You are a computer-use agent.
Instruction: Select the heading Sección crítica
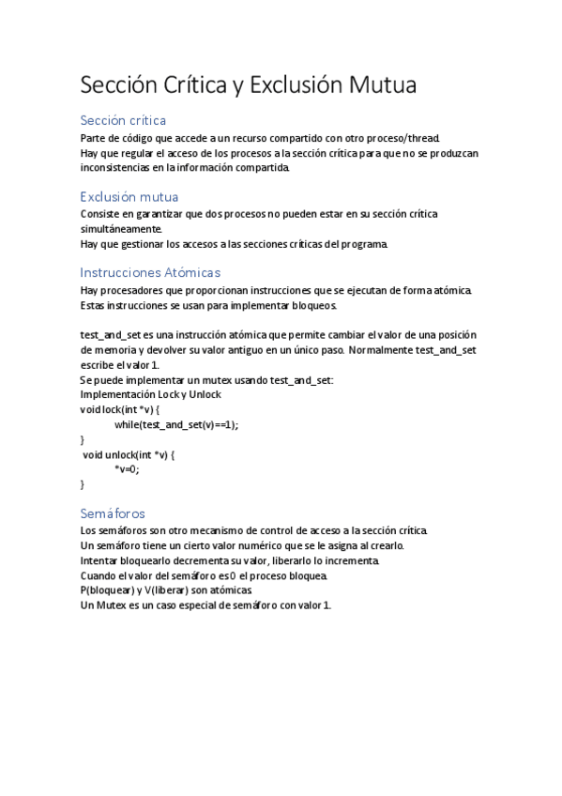coord(124,120)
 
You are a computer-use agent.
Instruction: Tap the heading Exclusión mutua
coord(129,196)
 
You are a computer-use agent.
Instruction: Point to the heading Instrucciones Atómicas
coord(151,272)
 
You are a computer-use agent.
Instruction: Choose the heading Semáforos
coord(113,513)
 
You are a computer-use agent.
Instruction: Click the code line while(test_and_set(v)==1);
coord(176,424)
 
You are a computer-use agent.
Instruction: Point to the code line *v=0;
coord(127,469)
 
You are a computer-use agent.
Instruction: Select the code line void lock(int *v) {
coord(121,409)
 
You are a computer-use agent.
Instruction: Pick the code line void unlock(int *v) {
coord(129,454)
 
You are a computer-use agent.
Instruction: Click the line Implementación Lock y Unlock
coord(151,394)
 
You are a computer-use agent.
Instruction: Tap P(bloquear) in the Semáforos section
coord(109,590)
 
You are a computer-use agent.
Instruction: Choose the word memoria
coord(103,349)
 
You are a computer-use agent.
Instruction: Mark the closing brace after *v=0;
coord(84,484)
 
